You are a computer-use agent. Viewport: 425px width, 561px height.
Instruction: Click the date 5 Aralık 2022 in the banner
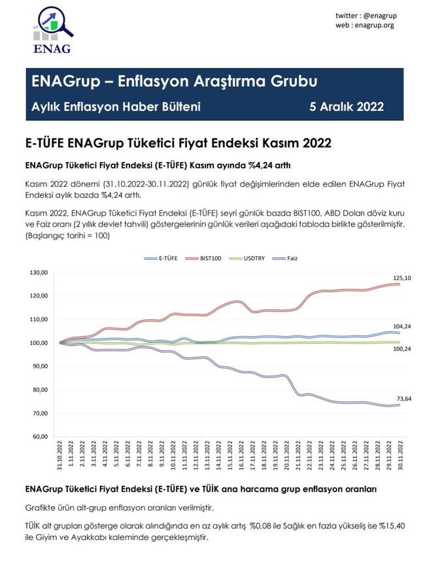click(347, 106)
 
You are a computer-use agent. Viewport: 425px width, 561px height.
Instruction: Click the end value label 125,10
click(401, 278)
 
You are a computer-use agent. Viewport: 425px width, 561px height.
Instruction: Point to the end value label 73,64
click(403, 398)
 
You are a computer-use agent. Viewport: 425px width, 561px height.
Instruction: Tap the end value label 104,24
click(401, 327)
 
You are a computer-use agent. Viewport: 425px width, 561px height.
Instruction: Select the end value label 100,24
click(401, 349)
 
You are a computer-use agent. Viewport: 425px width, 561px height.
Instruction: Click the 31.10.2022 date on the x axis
click(59, 455)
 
